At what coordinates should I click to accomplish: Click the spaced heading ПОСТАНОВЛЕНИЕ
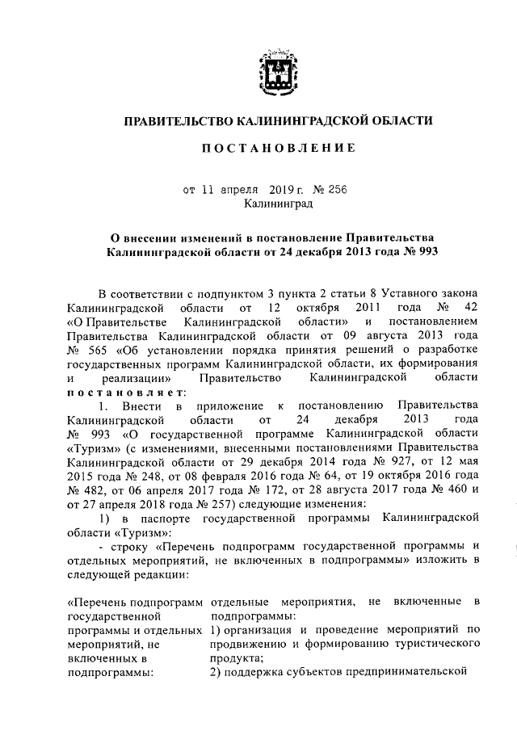tap(278, 150)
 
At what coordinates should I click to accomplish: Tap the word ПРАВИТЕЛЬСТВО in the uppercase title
tap(177, 121)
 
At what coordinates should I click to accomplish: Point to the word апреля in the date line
tap(239, 191)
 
